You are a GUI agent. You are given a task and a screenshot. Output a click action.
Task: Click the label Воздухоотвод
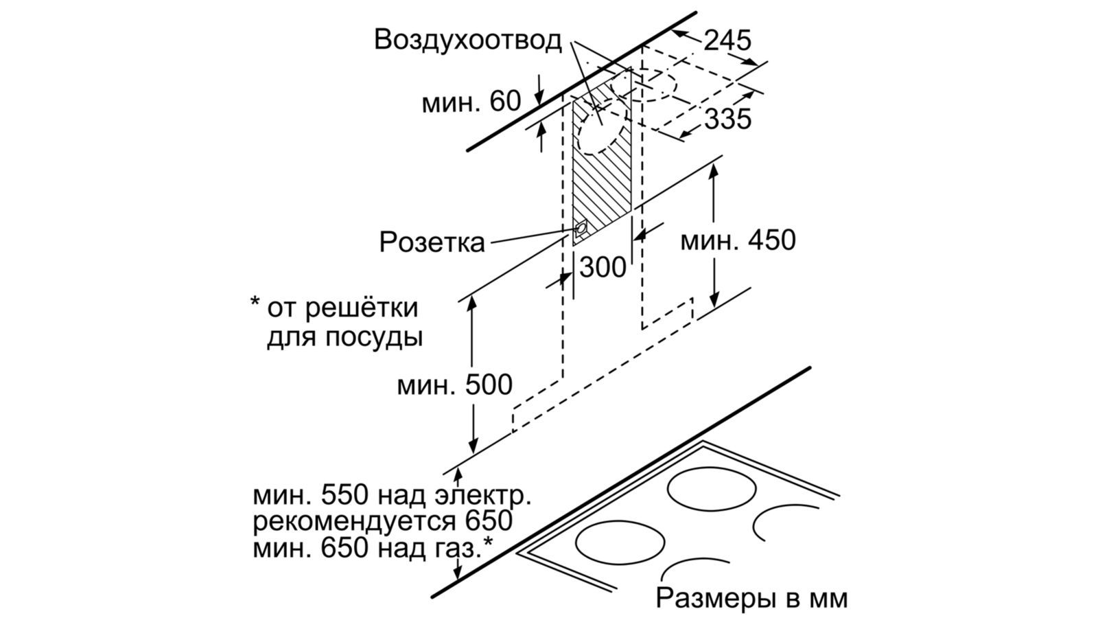[467, 40]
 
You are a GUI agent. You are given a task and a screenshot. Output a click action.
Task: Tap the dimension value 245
[727, 41]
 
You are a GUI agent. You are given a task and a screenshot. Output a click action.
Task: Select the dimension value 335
[728, 119]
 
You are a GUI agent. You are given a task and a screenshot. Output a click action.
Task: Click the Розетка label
[432, 242]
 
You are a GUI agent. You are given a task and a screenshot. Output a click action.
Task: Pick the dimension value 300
[603, 267]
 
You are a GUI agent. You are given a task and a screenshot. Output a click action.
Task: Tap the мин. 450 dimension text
[738, 240]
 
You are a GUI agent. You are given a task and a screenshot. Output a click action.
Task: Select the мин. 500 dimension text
[454, 385]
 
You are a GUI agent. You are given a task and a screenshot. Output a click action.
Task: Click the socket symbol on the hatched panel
[581, 228]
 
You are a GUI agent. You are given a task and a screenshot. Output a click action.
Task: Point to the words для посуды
[344, 337]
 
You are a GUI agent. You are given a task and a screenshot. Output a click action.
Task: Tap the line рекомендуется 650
[382, 521]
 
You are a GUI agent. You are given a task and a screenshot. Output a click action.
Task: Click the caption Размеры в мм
[751, 598]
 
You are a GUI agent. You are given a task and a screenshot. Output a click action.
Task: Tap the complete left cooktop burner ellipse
[620, 542]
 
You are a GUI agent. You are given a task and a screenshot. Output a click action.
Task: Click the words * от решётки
[334, 307]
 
